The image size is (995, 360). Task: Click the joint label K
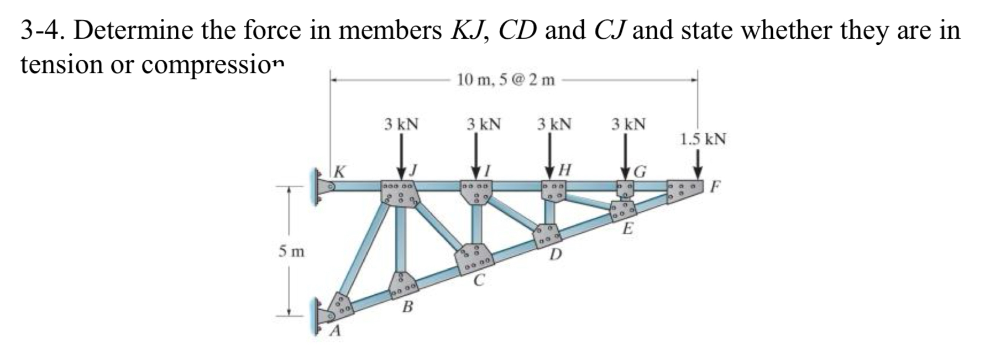click(341, 171)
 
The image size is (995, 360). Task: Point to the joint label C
click(479, 281)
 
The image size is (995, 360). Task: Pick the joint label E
click(627, 228)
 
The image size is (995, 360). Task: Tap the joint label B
click(407, 306)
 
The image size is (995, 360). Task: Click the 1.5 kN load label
click(703, 139)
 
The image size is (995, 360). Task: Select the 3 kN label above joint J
click(401, 124)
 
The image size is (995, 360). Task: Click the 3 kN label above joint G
click(629, 124)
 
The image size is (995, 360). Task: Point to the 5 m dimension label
click(291, 252)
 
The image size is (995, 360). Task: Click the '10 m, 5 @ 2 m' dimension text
click(506, 80)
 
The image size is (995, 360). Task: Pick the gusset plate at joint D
click(548, 236)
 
